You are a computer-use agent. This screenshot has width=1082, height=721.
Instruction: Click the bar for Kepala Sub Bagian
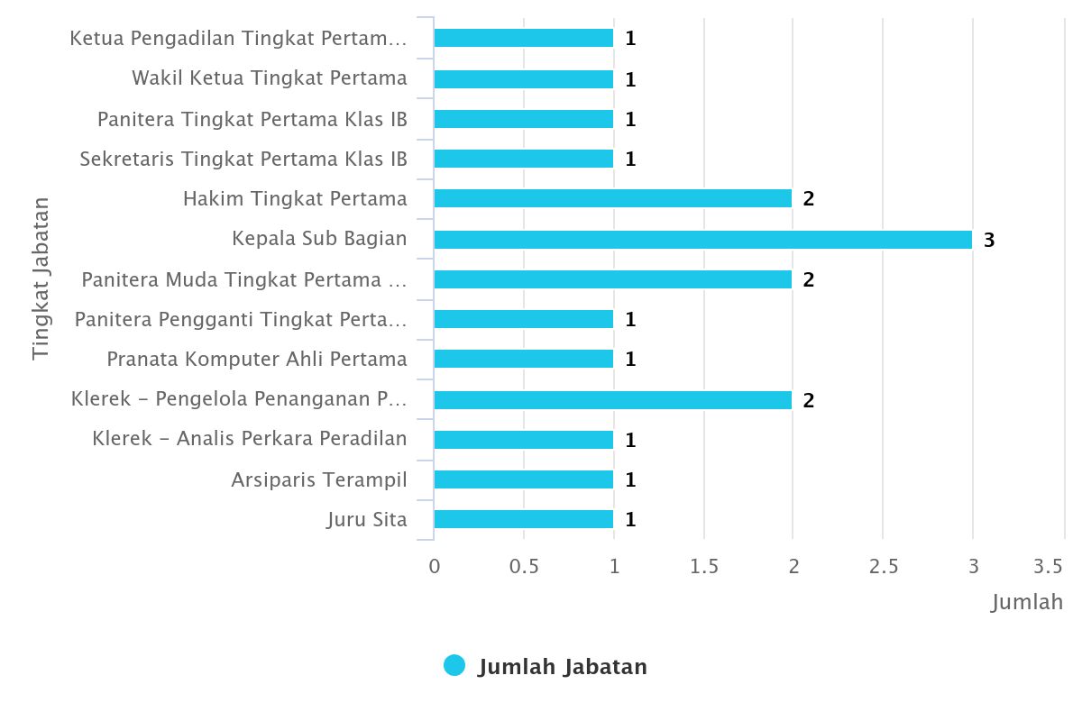coord(702,240)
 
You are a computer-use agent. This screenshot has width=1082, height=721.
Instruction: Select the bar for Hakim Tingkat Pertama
coord(613,198)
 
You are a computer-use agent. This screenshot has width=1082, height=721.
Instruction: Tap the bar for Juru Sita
coord(523,519)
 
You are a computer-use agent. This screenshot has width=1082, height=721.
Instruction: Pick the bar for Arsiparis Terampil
coord(523,479)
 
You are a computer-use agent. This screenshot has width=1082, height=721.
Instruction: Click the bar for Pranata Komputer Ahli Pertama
coord(523,359)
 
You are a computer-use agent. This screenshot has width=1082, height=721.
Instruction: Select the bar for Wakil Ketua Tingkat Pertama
coord(523,79)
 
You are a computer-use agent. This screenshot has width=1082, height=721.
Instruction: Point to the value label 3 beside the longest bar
coord(989,241)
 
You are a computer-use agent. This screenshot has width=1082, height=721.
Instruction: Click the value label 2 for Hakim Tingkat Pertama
coord(809,199)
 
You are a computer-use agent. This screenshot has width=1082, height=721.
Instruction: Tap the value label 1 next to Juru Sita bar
coord(630,520)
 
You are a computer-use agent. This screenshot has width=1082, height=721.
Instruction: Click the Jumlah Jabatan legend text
coord(562,667)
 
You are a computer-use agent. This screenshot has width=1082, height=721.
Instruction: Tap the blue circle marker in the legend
coord(454,666)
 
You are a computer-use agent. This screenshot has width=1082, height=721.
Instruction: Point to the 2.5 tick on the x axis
coord(884,566)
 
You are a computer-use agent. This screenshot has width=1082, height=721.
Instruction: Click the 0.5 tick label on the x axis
coord(524,566)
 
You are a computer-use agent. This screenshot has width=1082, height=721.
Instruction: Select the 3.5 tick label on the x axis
coord(1049,566)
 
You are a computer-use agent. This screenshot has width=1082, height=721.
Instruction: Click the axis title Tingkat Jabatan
coord(41,278)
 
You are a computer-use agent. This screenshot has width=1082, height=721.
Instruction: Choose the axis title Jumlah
coord(1027,602)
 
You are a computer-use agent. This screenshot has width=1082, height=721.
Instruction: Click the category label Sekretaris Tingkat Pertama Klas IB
coord(243,160)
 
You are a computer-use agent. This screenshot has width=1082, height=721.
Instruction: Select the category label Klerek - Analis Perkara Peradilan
coord(250,439)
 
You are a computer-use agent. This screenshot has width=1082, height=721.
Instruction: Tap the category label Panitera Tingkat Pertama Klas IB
coord(252,119)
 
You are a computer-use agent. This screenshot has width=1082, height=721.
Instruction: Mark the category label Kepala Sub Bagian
coord(319,239)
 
